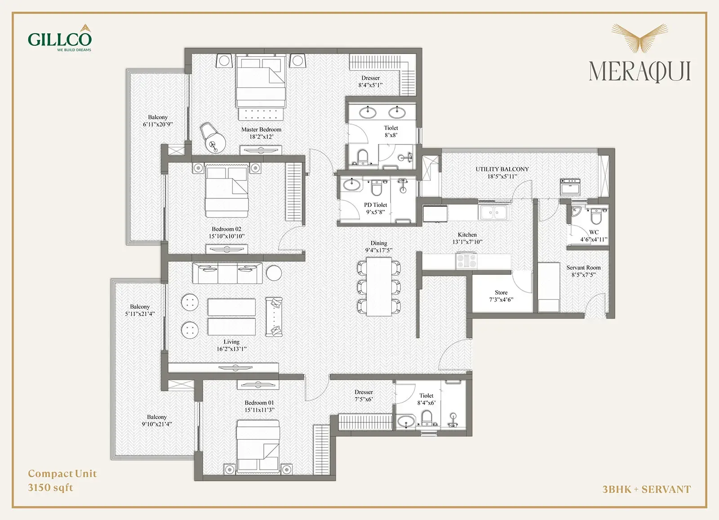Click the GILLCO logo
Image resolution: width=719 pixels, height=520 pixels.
(60, 38)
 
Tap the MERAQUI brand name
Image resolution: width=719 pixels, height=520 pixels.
(640, 72)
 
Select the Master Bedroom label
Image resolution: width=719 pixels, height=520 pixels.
(261, 130)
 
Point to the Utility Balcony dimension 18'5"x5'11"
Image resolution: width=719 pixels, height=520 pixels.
(502, 176)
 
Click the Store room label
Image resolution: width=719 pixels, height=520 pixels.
(501, 292)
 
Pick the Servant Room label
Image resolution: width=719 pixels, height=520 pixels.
(583, 267)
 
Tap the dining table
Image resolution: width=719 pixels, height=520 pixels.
(379, 287)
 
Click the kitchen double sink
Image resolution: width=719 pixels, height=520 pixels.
(493, 212)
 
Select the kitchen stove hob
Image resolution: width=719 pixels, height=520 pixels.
(466, 260)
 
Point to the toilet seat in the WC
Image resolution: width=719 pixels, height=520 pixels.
(596, 217)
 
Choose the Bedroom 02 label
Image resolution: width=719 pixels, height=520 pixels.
(226, 229)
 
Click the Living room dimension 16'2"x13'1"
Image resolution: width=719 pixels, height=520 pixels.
(231, 349)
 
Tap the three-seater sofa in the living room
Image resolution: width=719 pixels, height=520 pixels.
(227, 273)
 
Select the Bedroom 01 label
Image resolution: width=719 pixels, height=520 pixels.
(259, 403)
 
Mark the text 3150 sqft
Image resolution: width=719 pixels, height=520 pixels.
(50, 488)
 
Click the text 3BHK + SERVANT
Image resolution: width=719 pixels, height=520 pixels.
(647, 489)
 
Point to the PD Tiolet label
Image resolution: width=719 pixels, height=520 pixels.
(375, 205)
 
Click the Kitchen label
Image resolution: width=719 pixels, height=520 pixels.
(467, 235)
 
